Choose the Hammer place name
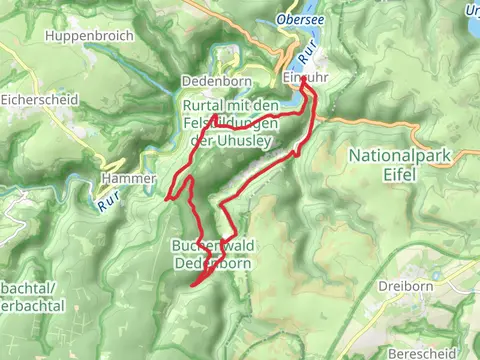pyautogui.click(x=128, y=178)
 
